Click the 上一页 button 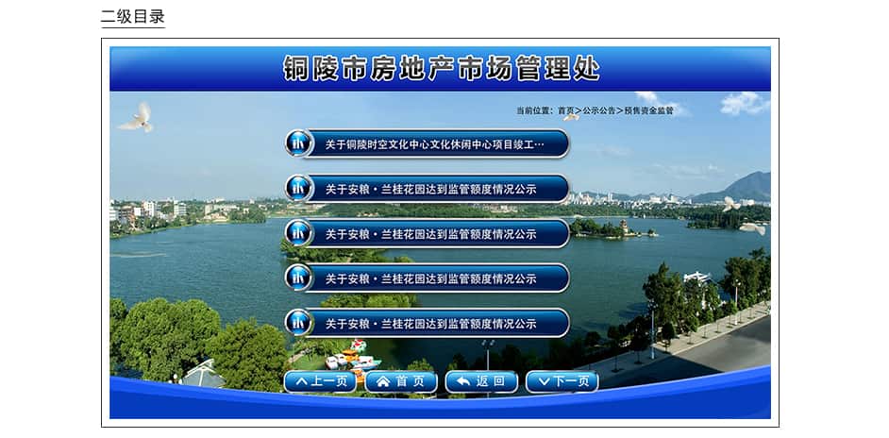[320, 381]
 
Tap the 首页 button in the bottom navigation [401, 381]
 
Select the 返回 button [482, 381]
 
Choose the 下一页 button [562, 381]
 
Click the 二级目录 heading [133, 16]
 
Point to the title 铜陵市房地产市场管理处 [441, 68]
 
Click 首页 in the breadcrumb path [566, 110]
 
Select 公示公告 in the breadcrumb [599, 110]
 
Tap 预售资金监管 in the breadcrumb [649, 110]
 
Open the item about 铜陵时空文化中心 [435, 144]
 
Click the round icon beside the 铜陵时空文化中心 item [299, 143]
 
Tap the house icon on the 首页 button [383, 382]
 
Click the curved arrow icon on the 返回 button [463, 381]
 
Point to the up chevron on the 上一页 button [302, 381]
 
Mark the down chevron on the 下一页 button [544, 382]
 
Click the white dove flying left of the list [137, 117]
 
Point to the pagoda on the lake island [624, 227]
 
